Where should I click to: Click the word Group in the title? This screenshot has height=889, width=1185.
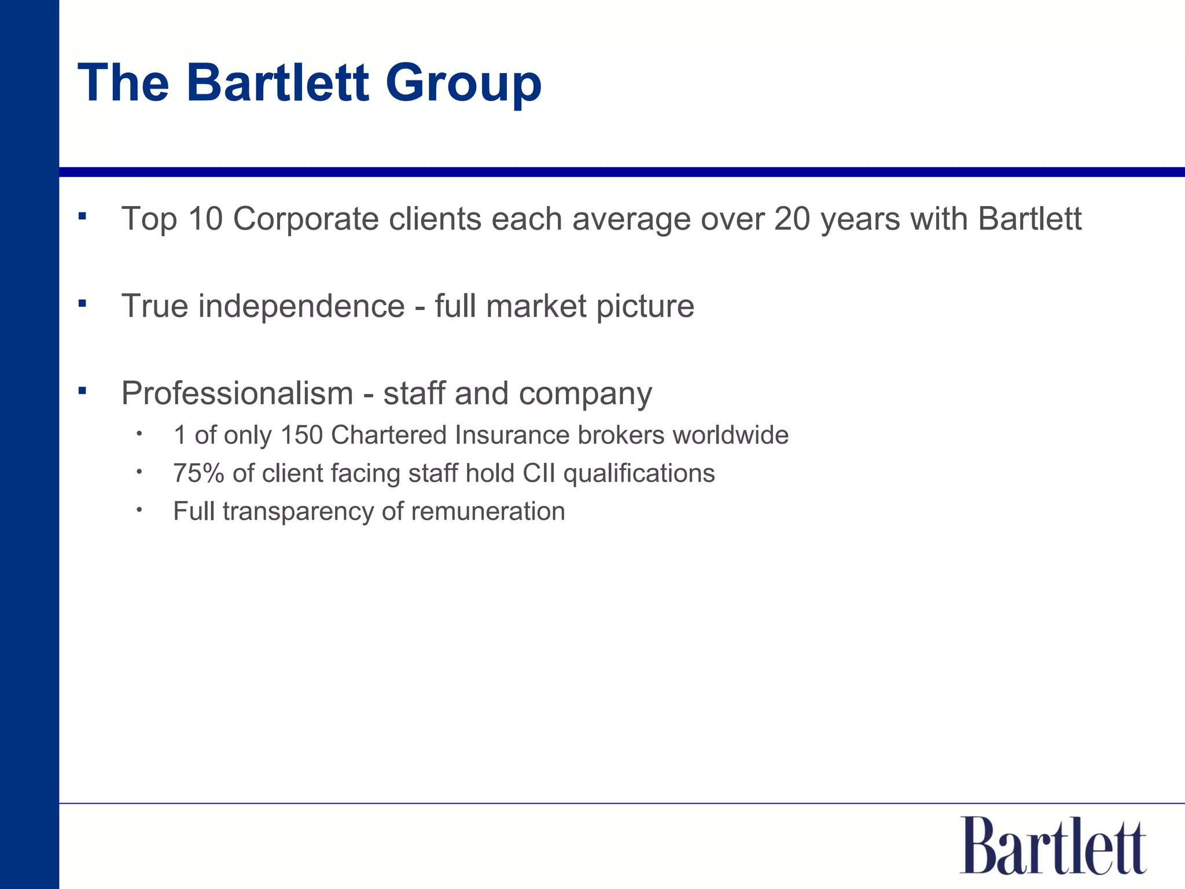coord(463,84)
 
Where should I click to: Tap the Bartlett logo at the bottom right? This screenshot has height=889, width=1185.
coord(1052,846)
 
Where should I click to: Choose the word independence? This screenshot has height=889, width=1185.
coord(301,306)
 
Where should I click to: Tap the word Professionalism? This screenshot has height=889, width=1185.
coord(237,394)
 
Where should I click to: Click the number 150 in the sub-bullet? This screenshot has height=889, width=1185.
coord(301,435)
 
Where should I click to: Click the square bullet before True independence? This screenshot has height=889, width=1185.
coord(82,303)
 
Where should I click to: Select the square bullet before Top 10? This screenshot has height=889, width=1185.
coord(82,216)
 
